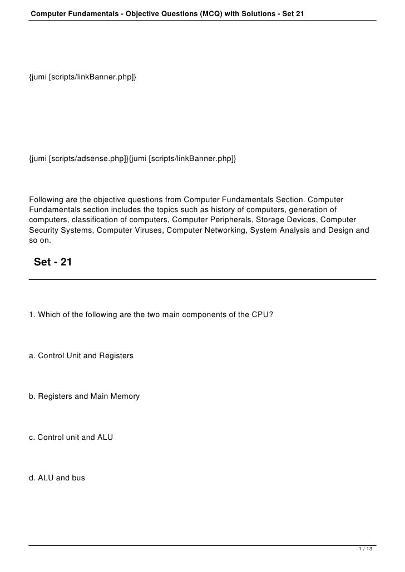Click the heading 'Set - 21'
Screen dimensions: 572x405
pos(53,262)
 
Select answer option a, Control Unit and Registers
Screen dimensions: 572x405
pos(81,355)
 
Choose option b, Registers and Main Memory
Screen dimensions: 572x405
pos(84,397)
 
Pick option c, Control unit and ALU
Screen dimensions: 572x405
pos(71,438)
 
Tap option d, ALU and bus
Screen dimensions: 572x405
pos(57,477)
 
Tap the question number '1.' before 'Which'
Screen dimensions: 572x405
pos(32,315)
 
